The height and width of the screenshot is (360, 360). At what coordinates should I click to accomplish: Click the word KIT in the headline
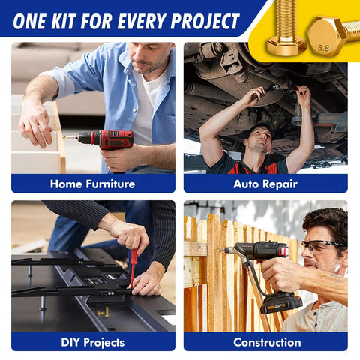click(64, 21)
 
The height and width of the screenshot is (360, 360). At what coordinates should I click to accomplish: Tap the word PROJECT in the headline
click(205, 21)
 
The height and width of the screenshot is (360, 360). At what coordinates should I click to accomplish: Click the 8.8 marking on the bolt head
click(323, 48)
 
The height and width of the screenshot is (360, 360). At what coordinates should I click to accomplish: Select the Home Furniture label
click(92, 184)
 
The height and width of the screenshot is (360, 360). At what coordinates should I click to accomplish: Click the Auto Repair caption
click(265, 184)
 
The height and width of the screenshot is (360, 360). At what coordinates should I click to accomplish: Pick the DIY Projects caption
click(93, 342)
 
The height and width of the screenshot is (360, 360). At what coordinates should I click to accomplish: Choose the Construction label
click(267, 342)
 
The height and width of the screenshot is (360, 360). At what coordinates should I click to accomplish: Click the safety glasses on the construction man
click(320, 245)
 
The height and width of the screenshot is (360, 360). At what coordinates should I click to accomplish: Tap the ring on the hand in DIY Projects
click(157, 286)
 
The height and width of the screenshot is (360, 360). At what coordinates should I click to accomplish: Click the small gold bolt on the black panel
click(103, 313)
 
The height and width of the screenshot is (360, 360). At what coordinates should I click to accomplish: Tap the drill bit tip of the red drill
click(64, 137)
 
